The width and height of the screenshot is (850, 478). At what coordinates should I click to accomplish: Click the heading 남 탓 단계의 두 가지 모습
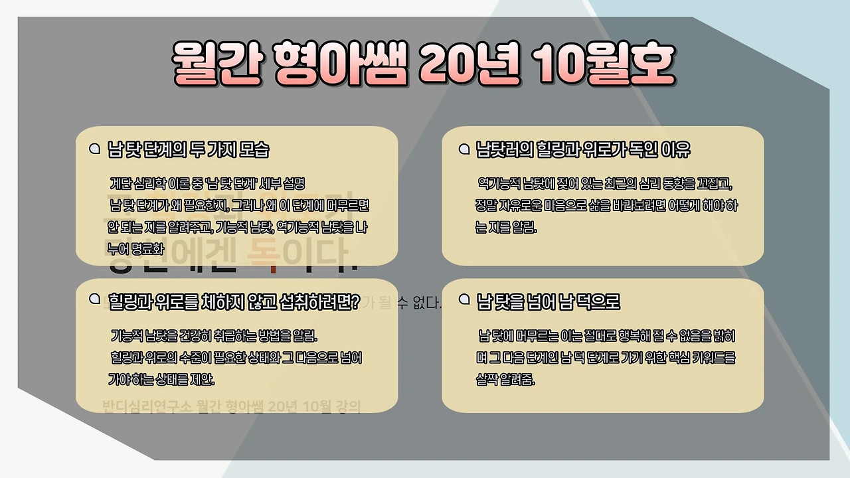pos(189,149)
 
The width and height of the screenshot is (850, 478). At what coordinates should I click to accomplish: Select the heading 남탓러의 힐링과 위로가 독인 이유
pos(583,149)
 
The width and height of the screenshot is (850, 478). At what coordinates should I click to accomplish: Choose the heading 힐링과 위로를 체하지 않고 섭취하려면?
pos(234,302)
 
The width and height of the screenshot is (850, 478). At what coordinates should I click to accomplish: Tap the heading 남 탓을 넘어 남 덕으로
pos(549,302)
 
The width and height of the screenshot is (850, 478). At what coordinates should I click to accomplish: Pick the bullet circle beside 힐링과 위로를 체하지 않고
pos(94,300)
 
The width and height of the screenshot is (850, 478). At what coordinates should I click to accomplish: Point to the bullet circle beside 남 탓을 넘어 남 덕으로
pos(464,300)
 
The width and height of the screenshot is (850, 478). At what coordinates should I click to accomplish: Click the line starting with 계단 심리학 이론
pos(207,183)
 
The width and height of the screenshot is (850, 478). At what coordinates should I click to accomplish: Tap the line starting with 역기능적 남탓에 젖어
pos(604,183)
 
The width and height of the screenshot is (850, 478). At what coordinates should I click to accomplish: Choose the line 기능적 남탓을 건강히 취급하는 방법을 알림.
pos(214,335)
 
